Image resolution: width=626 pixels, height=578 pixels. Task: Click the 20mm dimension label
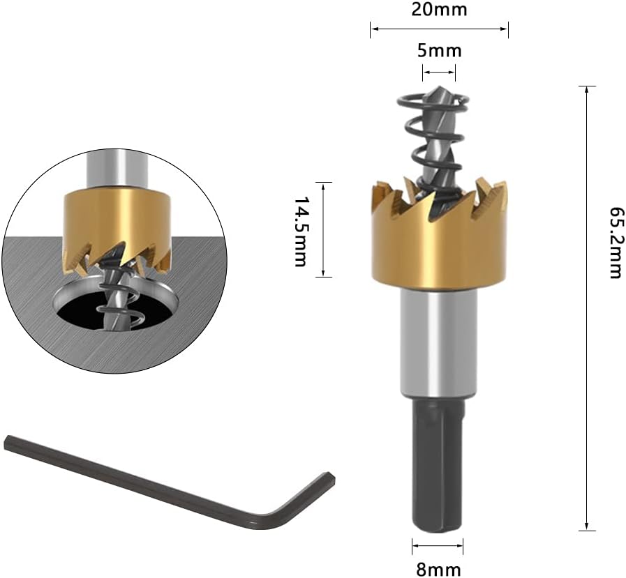pyautogui.click(x=439, y=9)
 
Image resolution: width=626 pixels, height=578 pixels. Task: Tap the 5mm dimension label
pyautogui.click(x=440, y=51)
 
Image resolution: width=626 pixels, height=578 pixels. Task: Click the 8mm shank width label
pyautogui.click(x=438, y=569)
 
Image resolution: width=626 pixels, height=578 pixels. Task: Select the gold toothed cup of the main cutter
pyautogui.click(x=439, y=236)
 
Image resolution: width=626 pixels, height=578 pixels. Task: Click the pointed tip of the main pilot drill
pyautogui.click(x=440, y=87)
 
